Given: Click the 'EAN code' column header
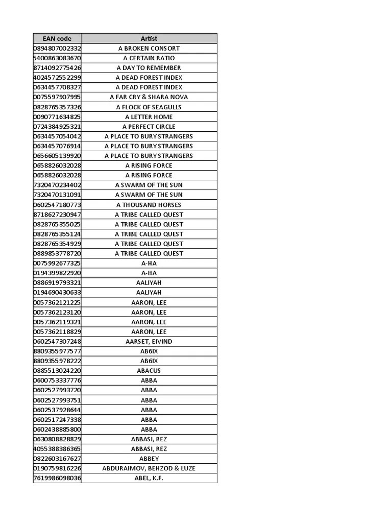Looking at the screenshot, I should [57, 38].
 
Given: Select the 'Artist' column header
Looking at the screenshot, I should [149, 38].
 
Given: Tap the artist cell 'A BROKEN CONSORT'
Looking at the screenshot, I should [149, 48].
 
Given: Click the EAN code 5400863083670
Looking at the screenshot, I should [57, 58].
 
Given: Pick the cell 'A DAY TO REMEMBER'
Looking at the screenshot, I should [149, 68].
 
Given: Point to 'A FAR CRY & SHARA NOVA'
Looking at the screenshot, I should [149, 97].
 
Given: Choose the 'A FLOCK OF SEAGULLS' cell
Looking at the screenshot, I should [149, 107].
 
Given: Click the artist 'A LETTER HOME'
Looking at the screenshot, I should [149, 117].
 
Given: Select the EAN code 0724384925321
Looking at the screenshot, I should [57, 127].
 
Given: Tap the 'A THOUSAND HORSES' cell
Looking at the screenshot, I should [149, 205].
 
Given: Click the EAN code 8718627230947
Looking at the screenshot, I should [57, 215].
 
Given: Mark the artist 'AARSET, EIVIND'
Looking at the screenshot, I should [149, 341].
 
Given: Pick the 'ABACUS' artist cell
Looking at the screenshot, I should [149, 371].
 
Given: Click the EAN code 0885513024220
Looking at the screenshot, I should [57, 371].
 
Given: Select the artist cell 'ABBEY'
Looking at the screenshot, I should [149, 459].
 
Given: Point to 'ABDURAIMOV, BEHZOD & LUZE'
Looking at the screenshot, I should [149, 468].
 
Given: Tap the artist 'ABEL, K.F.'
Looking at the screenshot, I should [149, 478].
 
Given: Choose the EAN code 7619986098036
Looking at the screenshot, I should [57, 478].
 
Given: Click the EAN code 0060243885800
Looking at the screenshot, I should [57, 430].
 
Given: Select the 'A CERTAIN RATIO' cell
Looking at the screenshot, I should [149, 58].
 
